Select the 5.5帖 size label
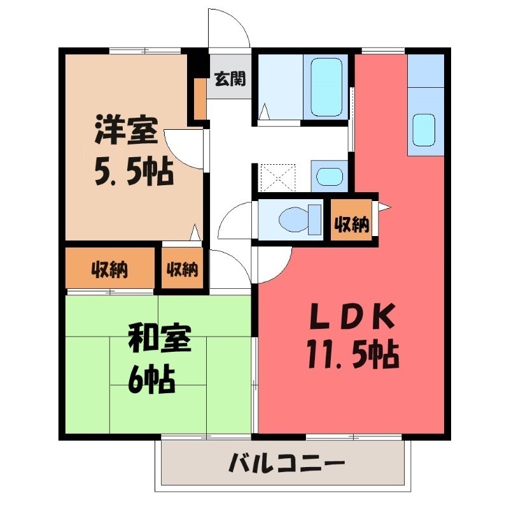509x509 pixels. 134,170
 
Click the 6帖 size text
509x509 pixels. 151,379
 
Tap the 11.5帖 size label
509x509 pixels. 352,354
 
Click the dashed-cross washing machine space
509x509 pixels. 277,178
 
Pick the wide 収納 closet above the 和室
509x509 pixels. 110,269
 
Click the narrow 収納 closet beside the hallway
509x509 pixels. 183,269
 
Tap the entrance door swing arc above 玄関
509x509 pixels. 229,29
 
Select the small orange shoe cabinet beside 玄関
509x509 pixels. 200,99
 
